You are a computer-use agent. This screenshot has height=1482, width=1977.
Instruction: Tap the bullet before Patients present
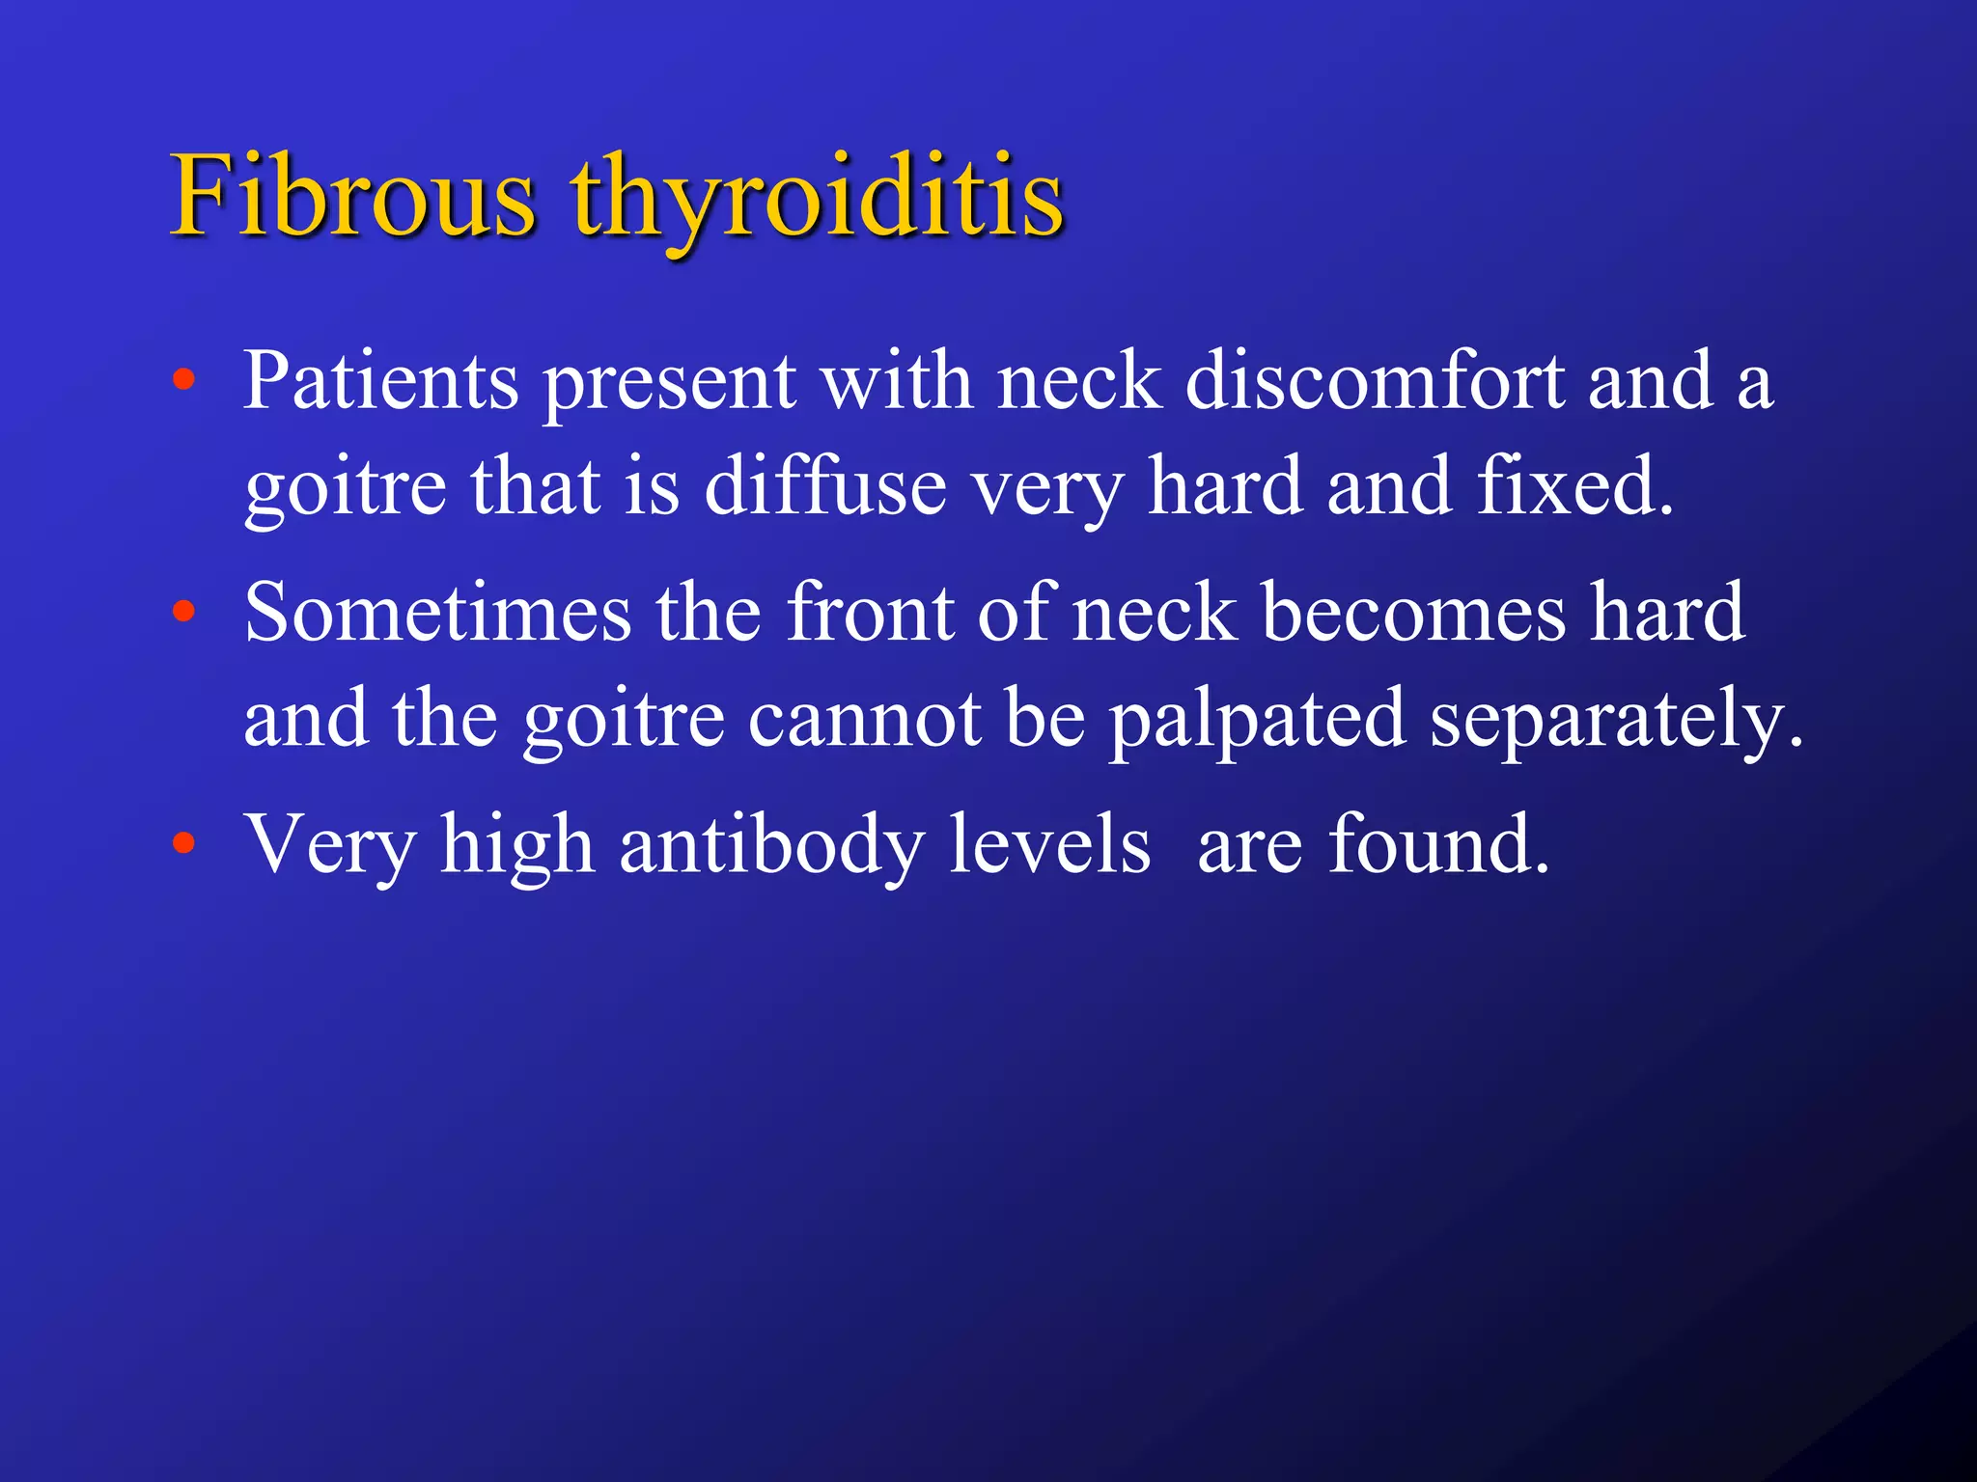click(x=183, y=379)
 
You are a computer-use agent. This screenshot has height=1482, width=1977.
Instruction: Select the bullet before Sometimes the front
click(x=183, y=611)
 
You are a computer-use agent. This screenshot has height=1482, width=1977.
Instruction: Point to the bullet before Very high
click(x=183, y=843)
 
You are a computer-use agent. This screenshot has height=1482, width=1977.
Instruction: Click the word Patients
click(x=380, y=381)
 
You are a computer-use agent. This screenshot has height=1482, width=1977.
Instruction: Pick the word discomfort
click(x=1374, y=381)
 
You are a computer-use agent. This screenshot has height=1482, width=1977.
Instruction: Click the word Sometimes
click(x=437, y=613)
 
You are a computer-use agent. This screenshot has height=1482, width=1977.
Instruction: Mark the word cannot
click(x=864, y=719)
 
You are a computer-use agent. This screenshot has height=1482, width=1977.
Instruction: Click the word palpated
click(x=1256, y=719)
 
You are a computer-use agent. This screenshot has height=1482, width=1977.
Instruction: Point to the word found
click(x=1438, y=844)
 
